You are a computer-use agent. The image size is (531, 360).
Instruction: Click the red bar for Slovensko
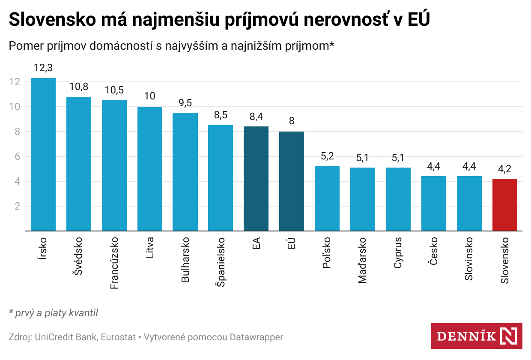pos(504,205)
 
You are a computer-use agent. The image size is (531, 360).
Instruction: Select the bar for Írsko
pos(43,154)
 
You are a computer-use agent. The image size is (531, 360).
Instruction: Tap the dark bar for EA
pos(256,179)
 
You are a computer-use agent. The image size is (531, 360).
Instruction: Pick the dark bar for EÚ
pos(292,181)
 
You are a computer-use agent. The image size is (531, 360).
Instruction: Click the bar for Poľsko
pos(327,198)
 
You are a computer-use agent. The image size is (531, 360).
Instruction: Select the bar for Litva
pos(150,169)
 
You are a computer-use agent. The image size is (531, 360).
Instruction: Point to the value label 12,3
pos(43,68)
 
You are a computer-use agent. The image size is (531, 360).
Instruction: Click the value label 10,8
pos(79,87)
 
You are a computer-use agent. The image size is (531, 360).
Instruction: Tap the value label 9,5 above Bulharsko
pos(185,102)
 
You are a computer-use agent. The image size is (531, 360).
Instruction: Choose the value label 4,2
pos(504,168)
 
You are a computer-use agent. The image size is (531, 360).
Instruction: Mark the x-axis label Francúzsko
pos(114,263)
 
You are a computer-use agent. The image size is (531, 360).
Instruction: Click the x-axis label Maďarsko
pos(362,260)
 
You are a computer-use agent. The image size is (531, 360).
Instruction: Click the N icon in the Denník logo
pos(509,335)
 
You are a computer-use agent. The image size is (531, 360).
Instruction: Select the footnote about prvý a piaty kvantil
pos(54,313)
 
